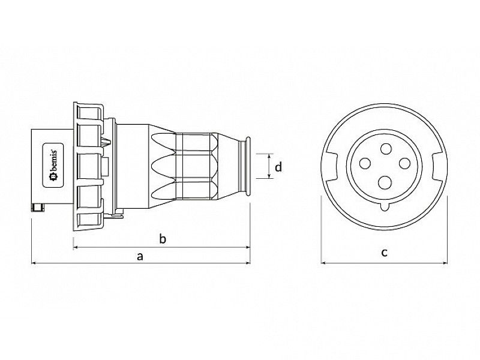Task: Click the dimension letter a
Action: [140, 256]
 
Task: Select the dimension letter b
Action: [162, 239]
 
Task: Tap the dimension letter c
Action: [384, 252]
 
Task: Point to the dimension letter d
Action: [278, 167]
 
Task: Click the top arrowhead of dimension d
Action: [266, 155]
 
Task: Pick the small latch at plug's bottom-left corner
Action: [38, 208]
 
